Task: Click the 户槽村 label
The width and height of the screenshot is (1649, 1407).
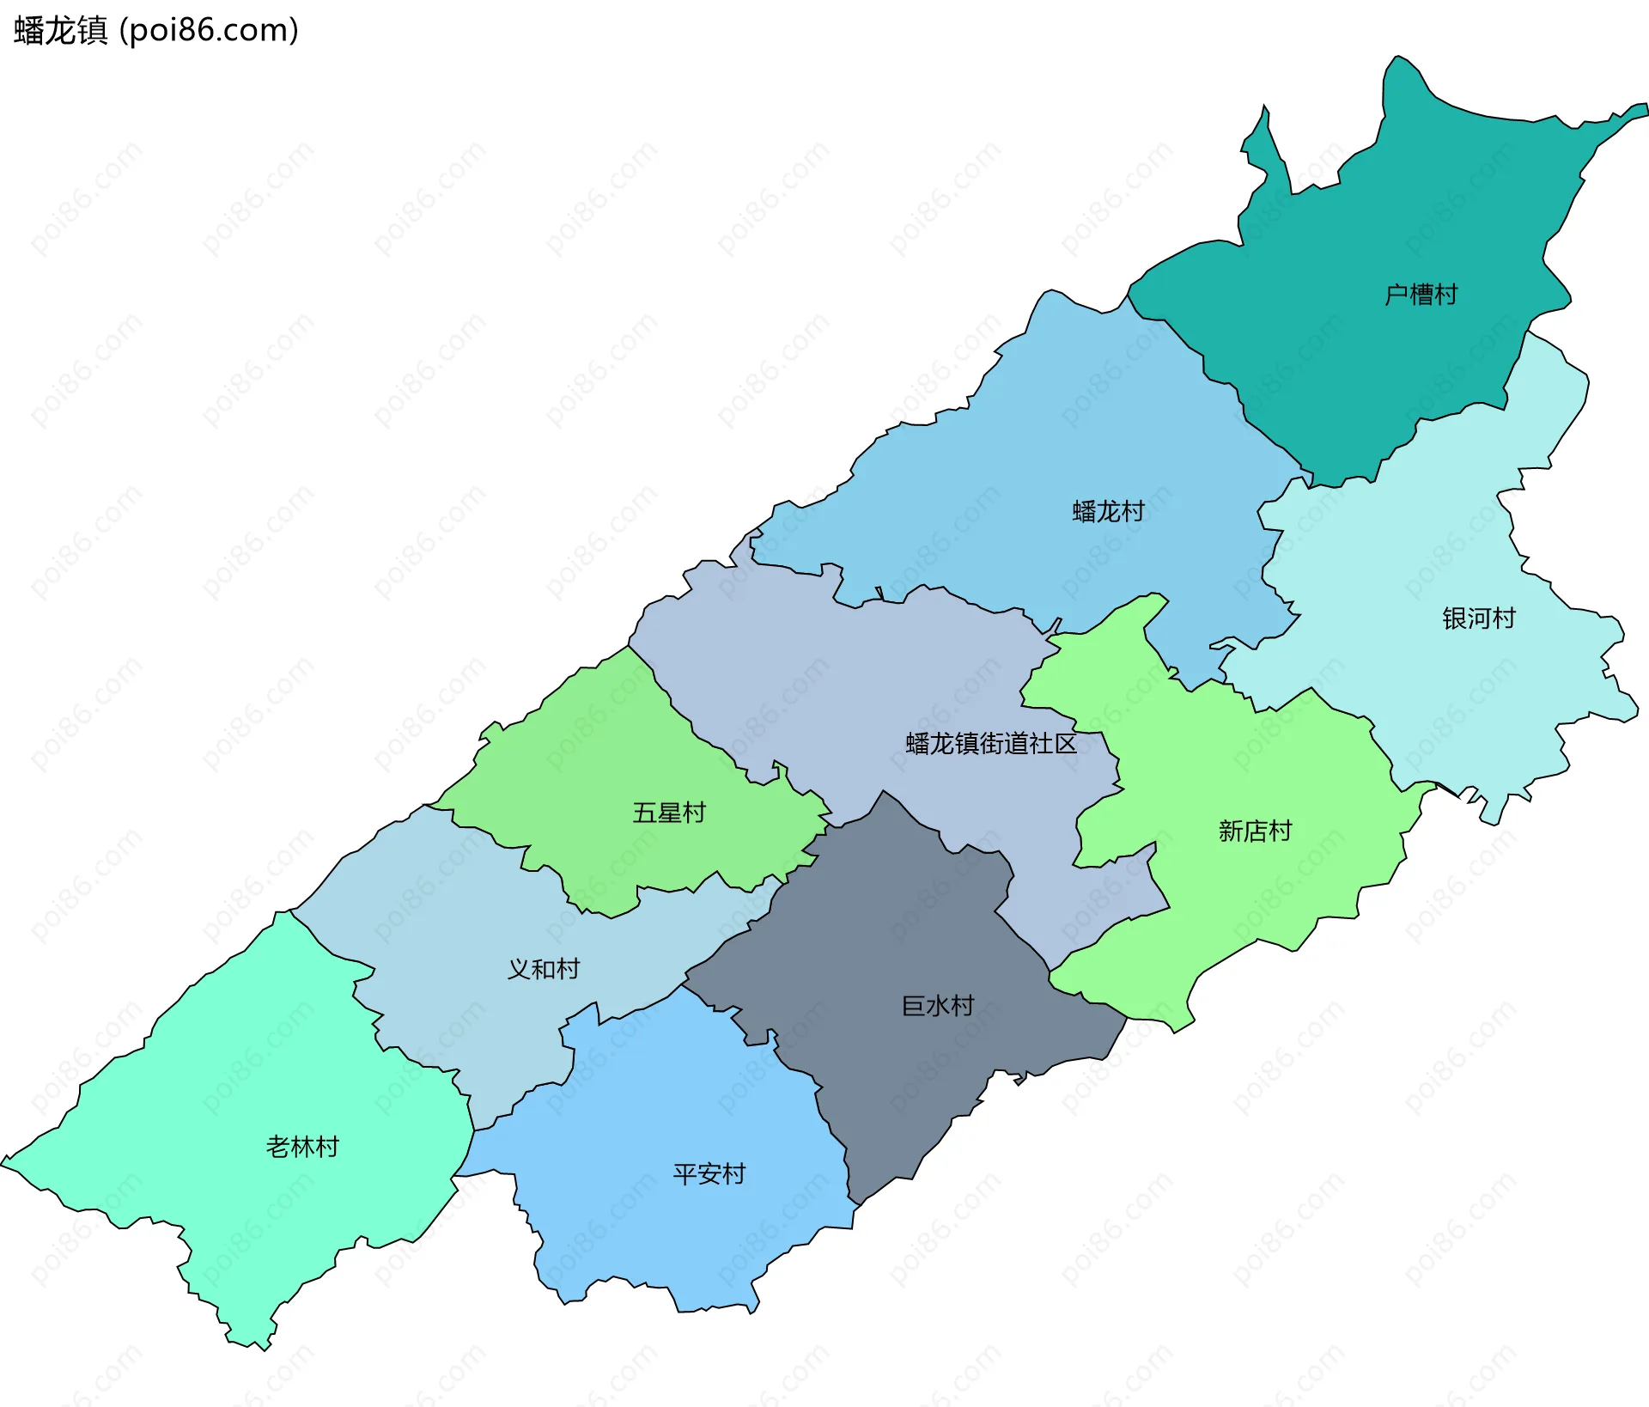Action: pyautogui.click(x=1421, y=295)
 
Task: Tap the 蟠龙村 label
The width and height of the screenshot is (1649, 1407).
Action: pyautogui.click(x=1108, y=512)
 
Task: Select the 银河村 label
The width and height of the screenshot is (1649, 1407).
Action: pyautogui.click(x=1478, y=618)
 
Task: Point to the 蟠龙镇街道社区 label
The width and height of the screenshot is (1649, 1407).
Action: pyautogui.click(x=990, y=744)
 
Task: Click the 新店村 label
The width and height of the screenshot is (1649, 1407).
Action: pyautogui.click(x=1255, y=831)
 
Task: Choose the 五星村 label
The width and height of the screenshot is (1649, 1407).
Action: pyautogui.click(x=669, y=813)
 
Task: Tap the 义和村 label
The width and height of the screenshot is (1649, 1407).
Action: pyautogui.click(x=543, y=969)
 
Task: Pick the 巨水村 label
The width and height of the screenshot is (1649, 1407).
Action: pyautogui.click(x=937, y=1006)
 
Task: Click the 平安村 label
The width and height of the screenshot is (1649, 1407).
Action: pyautogui.click(x=709, y=1174)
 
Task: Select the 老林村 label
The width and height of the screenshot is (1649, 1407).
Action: pyautogui.click(x=302, y=1147)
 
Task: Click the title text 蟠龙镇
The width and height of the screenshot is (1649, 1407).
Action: pyautogui.click(x=60, y=31)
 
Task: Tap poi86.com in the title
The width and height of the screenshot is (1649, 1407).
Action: pyautogui.click(x=209, y=31)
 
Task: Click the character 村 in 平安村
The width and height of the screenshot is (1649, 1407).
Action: pyautogui.click(x=733, y=1174)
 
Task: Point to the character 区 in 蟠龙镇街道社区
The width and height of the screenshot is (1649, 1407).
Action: pyautogui.click(x=1065, y=744)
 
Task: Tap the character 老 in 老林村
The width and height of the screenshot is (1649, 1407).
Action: pyautogui.click(x=277, y=1147)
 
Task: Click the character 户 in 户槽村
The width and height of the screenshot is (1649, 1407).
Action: pyautogui.click(x=1396, y=295)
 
